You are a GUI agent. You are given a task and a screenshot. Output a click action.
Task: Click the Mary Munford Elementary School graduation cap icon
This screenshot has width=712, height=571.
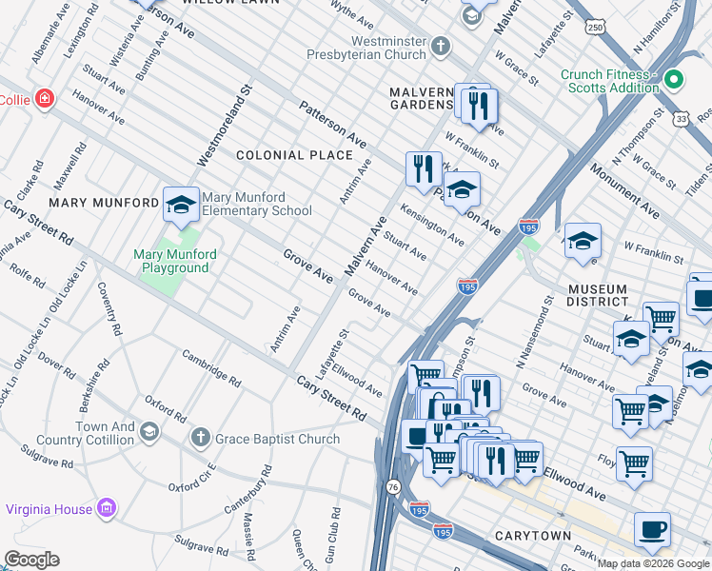tap(180, 204)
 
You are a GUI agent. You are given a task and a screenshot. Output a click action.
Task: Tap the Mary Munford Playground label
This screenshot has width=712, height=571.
tap(175, 261)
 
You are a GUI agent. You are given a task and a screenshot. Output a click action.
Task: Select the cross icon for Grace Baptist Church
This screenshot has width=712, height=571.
tap(199, 439)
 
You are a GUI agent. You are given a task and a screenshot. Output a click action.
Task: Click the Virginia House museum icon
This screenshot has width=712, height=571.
tap(107, 509)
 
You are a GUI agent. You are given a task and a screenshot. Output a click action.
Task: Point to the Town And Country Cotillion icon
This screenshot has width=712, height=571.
tap(148, 433)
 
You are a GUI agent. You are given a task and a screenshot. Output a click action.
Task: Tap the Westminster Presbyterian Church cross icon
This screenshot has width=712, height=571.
tap(440, 45)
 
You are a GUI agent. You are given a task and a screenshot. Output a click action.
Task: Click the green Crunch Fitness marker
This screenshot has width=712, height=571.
tap(675, 80)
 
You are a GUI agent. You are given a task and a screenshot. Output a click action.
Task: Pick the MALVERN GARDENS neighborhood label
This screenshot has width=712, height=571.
tap(425, 97)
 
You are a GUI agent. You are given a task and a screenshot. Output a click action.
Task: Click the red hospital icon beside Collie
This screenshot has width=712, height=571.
tap(44, 99)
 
